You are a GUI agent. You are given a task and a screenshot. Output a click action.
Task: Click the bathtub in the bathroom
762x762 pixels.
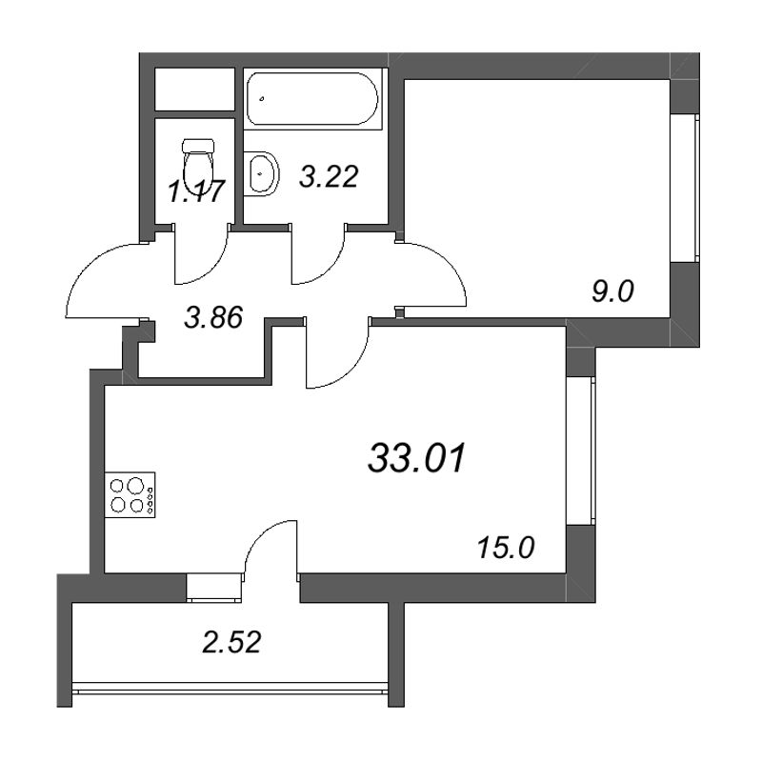312,99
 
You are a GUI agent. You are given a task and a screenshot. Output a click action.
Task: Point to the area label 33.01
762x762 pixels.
417,458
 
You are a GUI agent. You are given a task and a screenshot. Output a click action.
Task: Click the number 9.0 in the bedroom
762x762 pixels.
612,292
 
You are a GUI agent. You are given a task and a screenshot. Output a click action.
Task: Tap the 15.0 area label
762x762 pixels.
506,549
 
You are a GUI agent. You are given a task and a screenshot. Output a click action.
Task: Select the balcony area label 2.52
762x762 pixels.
231,642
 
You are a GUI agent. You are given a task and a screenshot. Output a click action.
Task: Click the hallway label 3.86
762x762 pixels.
213,319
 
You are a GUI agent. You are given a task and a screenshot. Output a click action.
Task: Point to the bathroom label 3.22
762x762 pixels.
329,176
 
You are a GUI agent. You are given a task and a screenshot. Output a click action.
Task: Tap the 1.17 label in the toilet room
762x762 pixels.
196,191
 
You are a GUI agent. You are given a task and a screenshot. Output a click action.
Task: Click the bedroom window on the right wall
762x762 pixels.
685,189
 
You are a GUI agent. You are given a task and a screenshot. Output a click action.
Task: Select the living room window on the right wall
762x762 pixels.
581,451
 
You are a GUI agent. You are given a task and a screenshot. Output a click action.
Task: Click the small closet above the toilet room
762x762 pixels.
195,90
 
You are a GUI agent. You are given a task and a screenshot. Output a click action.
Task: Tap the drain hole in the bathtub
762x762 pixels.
262,99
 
